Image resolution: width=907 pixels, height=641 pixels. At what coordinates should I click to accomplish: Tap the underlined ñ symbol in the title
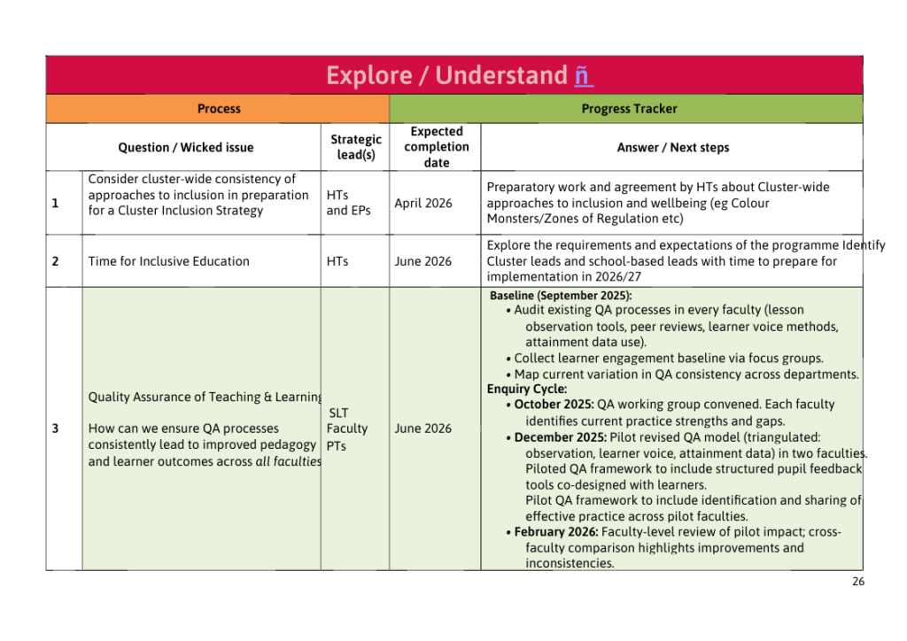[582, 76]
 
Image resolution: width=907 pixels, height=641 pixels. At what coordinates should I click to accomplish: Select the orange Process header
[219, 109]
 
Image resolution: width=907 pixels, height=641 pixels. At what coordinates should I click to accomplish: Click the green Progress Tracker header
[629, 109]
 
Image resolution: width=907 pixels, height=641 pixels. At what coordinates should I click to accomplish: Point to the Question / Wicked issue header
[186, 148]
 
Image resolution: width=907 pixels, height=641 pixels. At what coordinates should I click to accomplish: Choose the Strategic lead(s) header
[356, 147]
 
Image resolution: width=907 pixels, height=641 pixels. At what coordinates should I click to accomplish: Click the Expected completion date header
[437, 147]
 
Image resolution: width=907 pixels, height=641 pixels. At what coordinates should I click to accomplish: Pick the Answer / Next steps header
[673, 148]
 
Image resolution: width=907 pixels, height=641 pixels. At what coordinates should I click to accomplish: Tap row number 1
[56, 204]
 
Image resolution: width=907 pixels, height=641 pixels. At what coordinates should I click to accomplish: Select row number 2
[56, 261]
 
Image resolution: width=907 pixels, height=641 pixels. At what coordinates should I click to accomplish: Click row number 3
[56, 429]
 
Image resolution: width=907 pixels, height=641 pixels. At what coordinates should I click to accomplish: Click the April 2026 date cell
[423, 204]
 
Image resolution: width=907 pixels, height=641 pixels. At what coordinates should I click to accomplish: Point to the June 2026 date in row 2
[423, 261]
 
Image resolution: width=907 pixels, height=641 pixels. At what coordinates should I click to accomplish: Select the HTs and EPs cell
[349, 203]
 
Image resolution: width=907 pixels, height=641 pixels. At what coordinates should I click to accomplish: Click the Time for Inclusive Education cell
[169, 261]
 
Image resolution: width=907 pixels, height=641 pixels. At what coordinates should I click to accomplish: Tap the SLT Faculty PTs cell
[346, 429]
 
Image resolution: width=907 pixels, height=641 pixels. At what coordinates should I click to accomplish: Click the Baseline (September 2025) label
[561, 296]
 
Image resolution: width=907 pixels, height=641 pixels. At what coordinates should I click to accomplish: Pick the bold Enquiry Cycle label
[527, 389]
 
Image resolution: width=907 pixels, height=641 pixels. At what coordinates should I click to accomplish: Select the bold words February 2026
[555, 532]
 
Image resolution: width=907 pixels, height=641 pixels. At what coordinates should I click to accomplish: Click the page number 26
[857, 582]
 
